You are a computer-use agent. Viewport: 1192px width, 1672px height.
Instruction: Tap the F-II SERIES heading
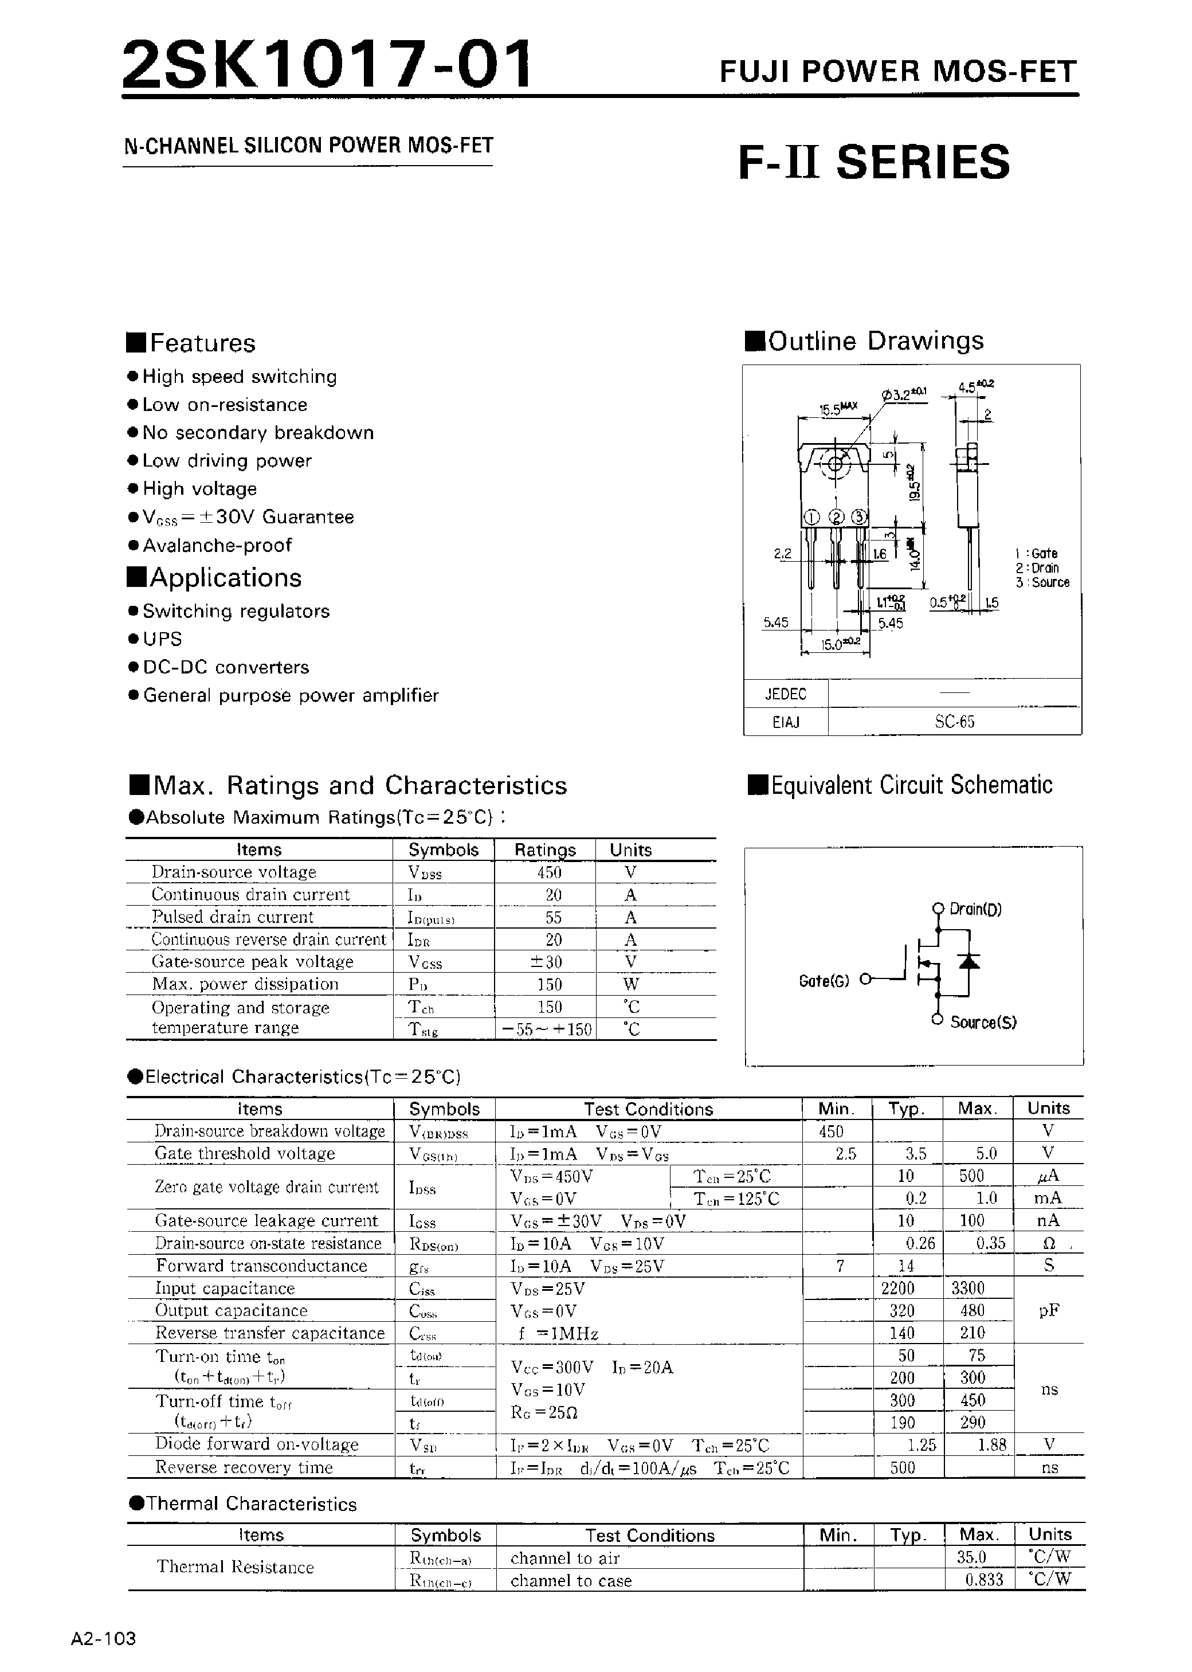(x=873, y=162)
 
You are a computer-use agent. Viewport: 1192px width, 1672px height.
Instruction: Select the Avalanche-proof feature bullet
(x=217, y=545)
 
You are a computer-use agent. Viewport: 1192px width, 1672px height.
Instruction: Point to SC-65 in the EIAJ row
(x=954, y=722)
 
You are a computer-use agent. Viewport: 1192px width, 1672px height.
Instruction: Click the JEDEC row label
(x=785, y=694)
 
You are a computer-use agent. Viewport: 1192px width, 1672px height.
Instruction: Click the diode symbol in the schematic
(x=970, y=961)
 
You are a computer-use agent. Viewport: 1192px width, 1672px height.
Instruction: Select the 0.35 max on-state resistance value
(x=990, y=1243)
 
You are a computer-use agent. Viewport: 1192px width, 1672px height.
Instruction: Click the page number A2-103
(x=104, y=1638)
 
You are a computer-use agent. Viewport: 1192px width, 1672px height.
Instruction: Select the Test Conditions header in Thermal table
(x=649, y=1536)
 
